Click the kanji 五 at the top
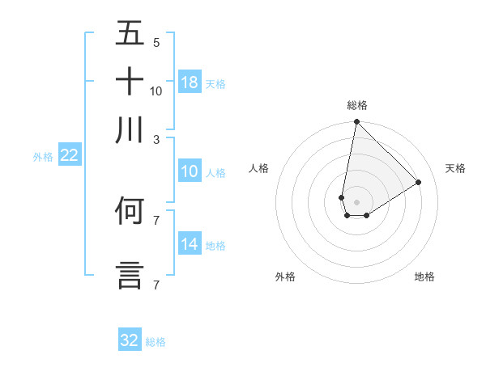click(130, 34)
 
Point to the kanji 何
click(130, 212)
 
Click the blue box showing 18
click(190, 82)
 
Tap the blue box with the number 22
click(69, 155)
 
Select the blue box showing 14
click(190, 244)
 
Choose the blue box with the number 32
click(130, 340)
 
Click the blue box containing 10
click(190, 171)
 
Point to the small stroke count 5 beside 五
click(156, 42)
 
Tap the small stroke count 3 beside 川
click(156, 139)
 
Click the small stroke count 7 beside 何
click(156, 220)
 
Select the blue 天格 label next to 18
click(215, 83)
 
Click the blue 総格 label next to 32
click(156, 342)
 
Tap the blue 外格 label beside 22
click(43, 157)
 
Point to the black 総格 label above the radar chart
click(357, 105)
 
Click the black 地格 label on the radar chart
click(424, 277)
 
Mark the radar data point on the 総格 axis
click(356, 122)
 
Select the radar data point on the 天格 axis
click(419, 182)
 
